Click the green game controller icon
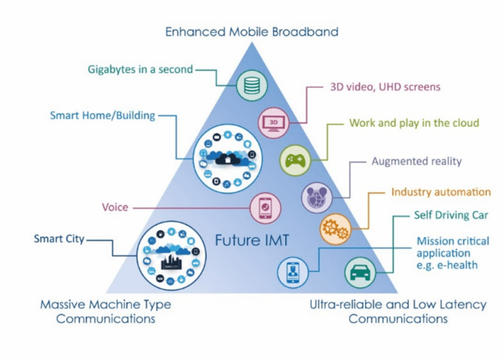pos(293,159)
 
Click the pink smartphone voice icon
pos(267,208)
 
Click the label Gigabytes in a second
pos(140,69)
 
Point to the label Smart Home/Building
pos(102,115)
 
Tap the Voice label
pos(115,207)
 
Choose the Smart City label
pos(59,239)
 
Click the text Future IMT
pos(252,241)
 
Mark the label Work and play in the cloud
pos(414,123)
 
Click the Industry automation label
pos(440,192)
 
